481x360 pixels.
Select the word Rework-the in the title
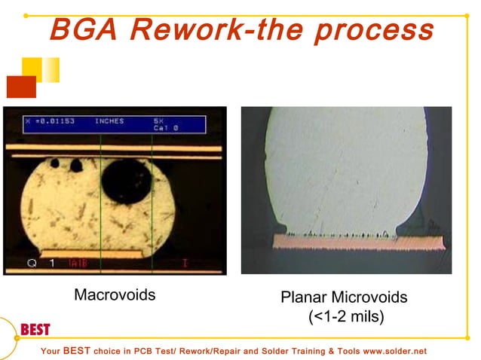click(217, 30)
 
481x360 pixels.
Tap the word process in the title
click(374, 30)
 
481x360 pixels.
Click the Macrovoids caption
click(115, 294)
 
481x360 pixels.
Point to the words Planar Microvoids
click(344, 297)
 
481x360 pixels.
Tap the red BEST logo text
click(35, 330)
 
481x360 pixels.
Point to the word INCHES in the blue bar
click(109, 121)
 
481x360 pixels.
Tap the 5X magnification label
click(158, 121)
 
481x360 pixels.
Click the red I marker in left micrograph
click(185, 263)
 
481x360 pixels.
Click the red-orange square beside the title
click(21, 87)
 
